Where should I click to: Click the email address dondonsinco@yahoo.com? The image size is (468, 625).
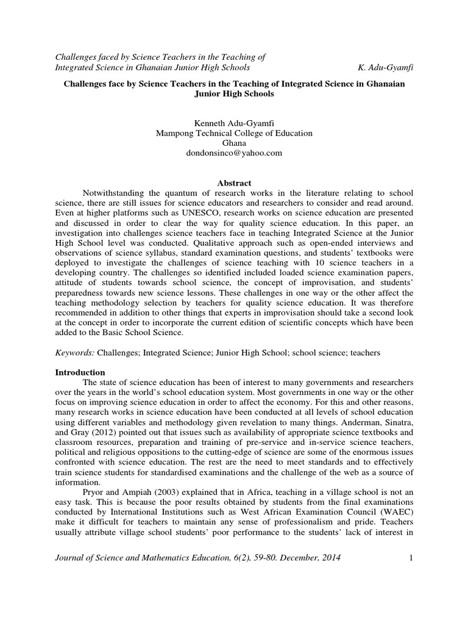(235, 153)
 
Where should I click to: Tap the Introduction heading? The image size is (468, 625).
(80, 372)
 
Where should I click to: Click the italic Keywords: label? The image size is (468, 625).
(73, 353)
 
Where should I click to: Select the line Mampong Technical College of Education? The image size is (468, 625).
(235, 132)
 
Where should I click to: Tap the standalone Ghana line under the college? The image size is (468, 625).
(235, 143)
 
